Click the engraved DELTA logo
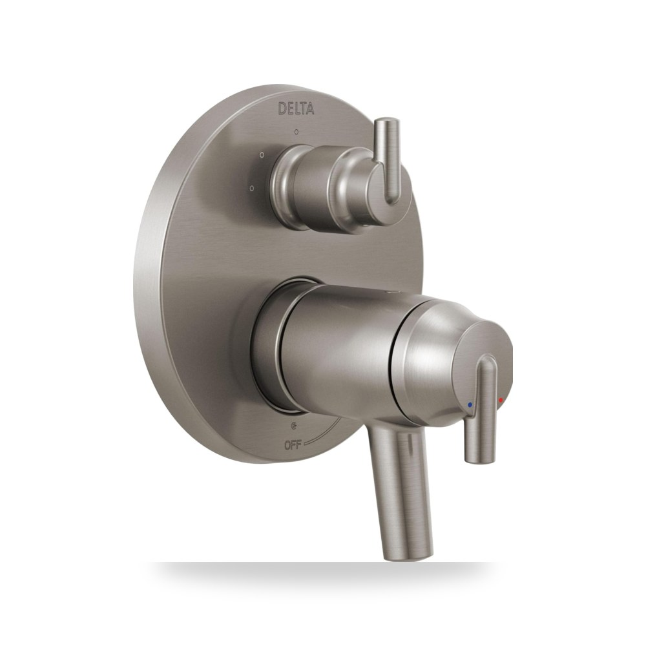tap(297, 109)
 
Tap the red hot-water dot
tap(501, 400)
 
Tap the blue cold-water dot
tap(470, 405)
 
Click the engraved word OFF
tap(293, 444)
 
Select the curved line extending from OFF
tap(326, 433)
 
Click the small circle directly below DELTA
tap(297, 132)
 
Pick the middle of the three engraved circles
tap(262, 155)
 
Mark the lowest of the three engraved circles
tap(251, 188)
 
